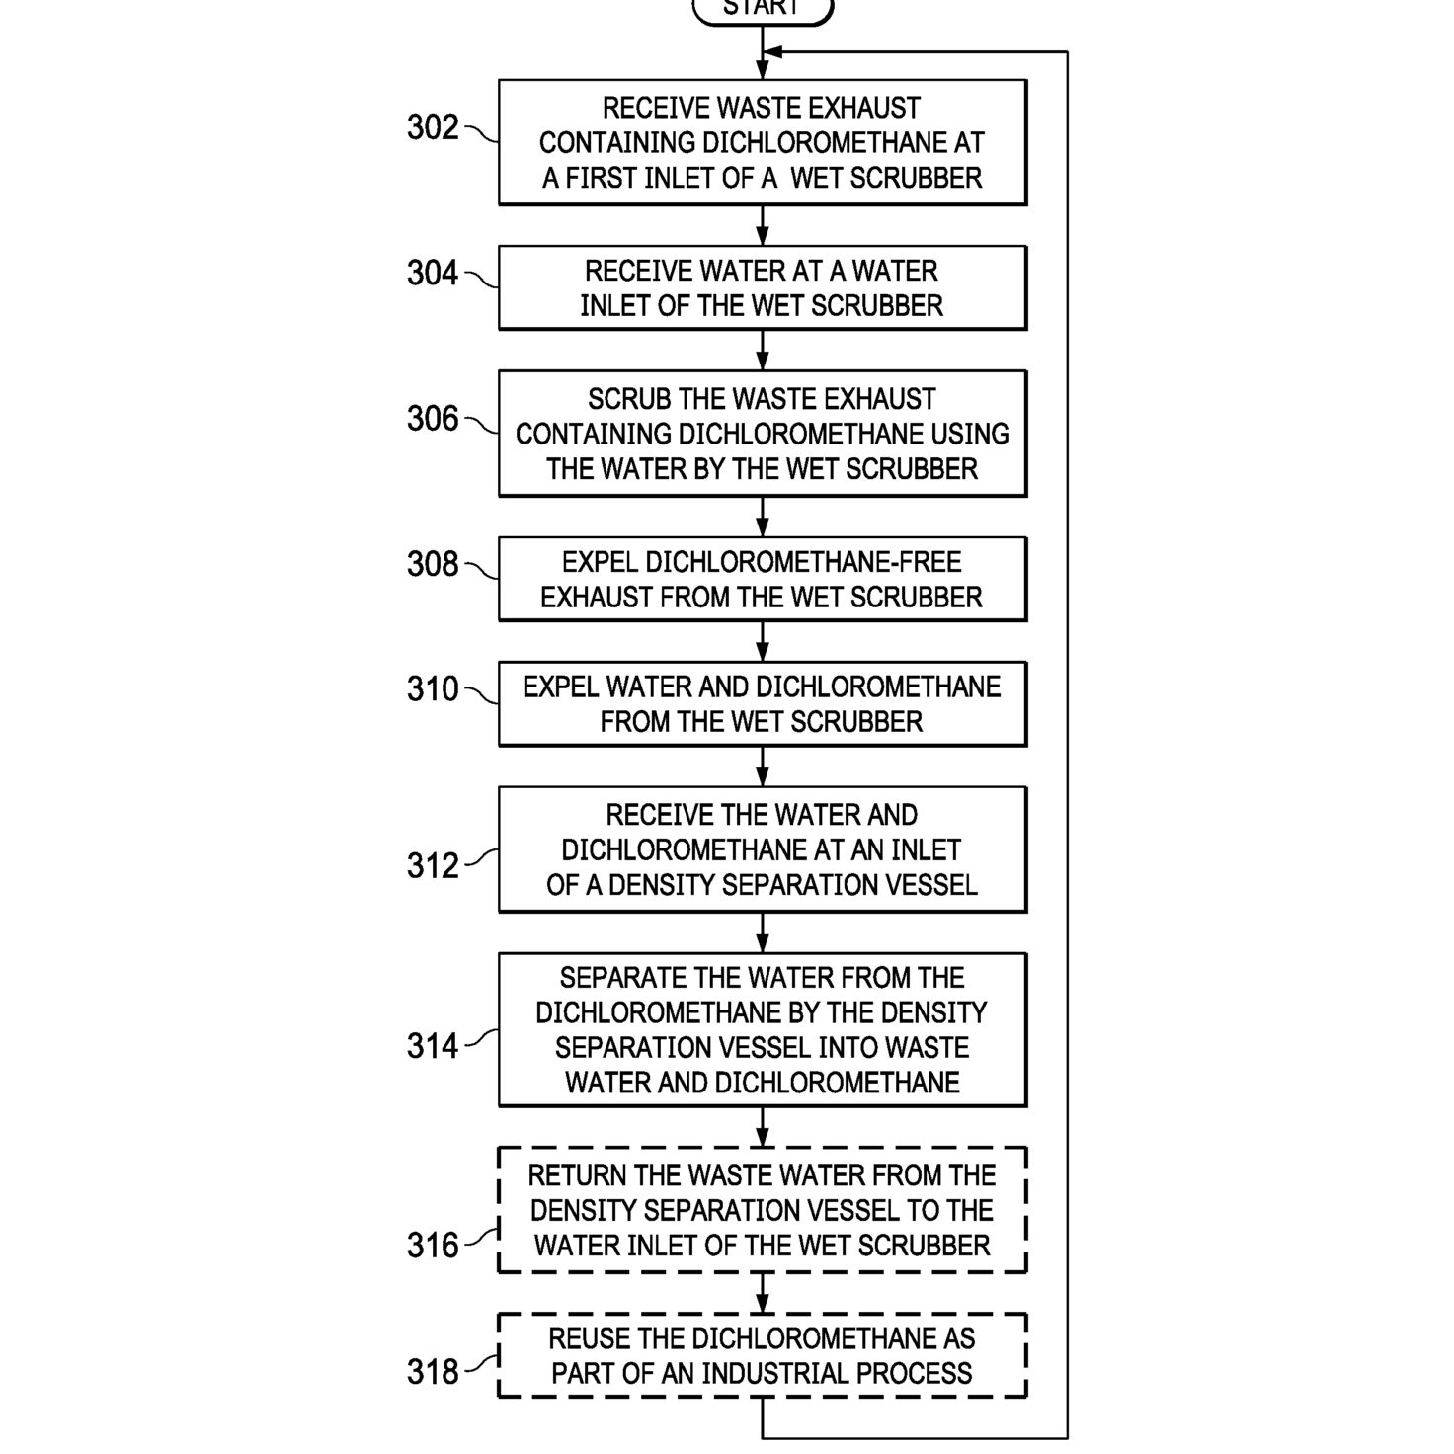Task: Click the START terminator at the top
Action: pos(763,11)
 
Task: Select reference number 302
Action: pos(433,126)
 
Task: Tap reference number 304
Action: pos(433,273)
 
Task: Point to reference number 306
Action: pos(433,418)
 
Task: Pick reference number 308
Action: pos(433,564)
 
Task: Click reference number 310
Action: pos(433,688)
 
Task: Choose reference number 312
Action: pos(433,865)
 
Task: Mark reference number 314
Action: pos(433,1046)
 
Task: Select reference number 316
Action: pos(433,1245)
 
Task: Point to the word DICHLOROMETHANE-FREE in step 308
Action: pos(804,562)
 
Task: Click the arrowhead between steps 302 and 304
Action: pos(763,236)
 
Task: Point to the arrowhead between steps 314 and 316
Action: pos(763,1137)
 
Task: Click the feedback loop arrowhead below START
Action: pos(772,52)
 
